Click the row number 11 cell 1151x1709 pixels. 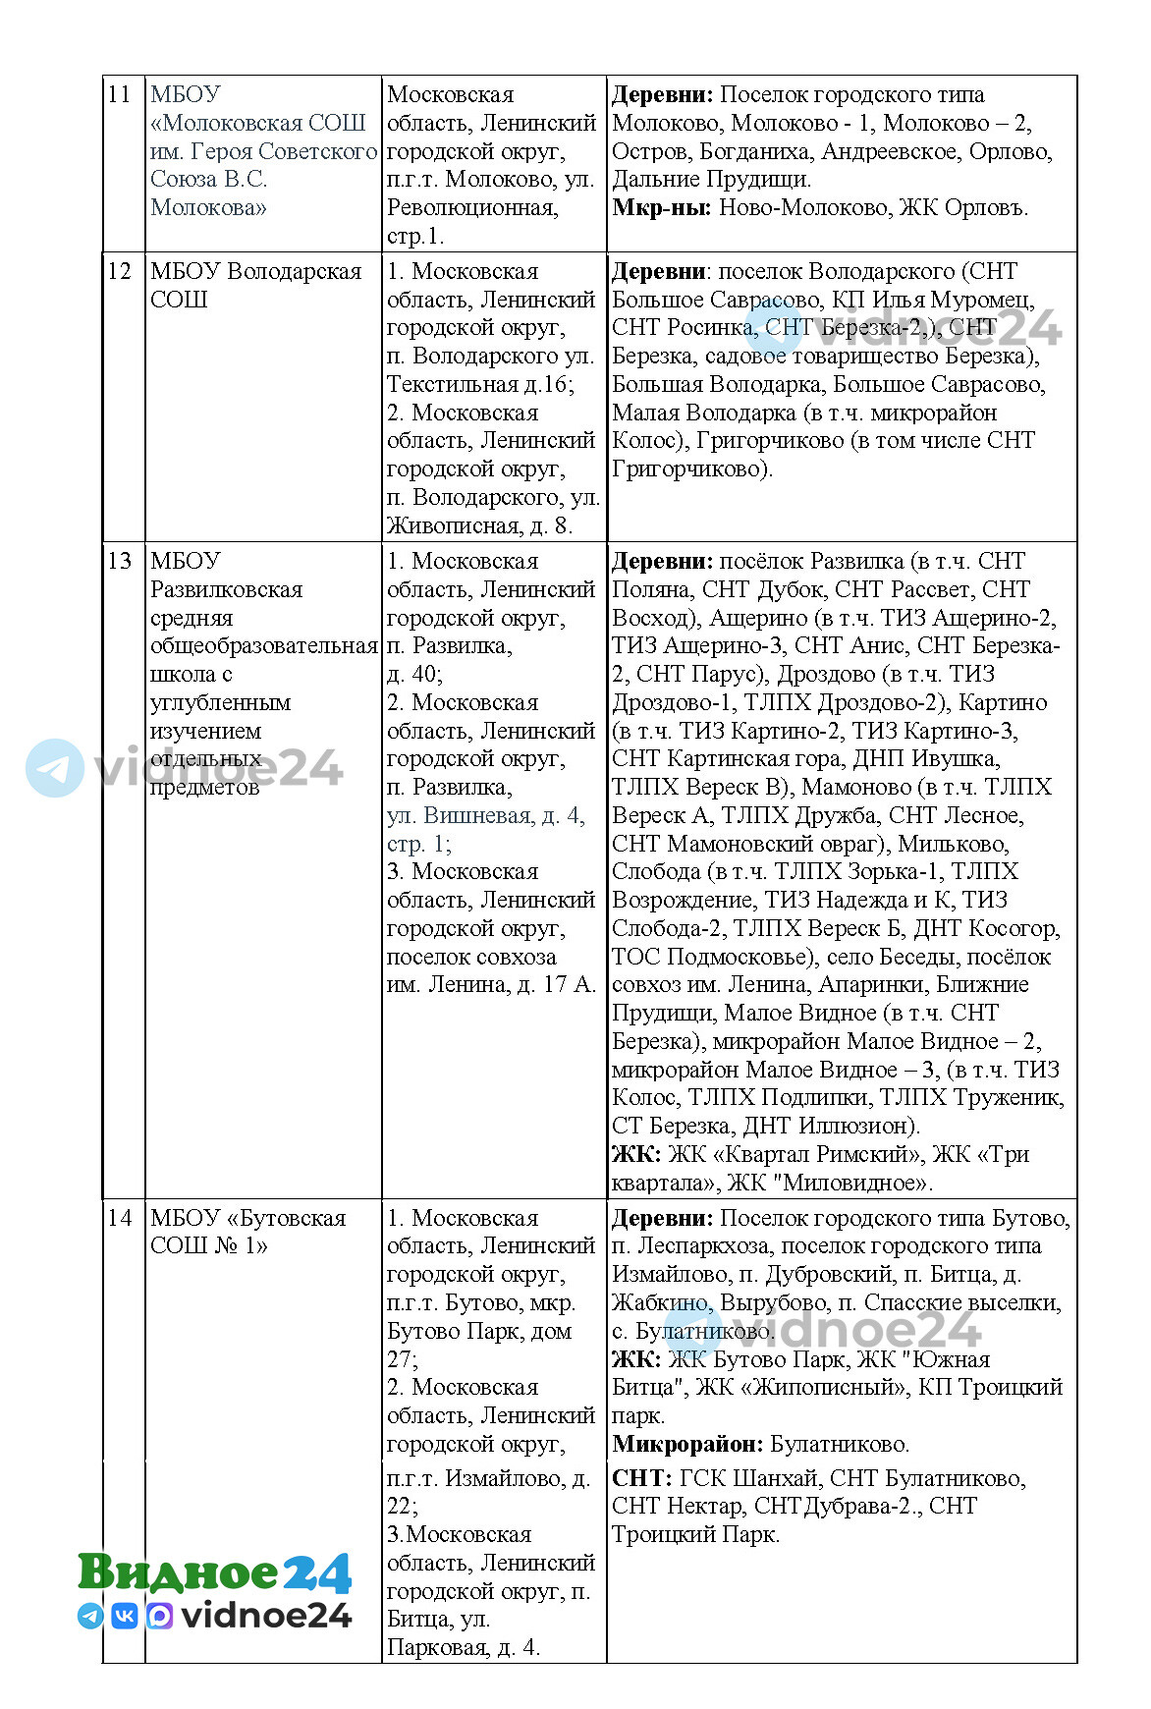tap(119, 95)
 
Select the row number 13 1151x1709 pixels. tap(119, 562)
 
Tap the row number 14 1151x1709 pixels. tap(119, 1219)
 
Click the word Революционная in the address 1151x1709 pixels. tap(471, 208)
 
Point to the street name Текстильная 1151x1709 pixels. tap(452, 384)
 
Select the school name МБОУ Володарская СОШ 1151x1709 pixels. tap(255, 285)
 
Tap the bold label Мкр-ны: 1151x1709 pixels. tap(661, 208)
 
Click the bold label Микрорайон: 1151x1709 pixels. tap(687, 1445)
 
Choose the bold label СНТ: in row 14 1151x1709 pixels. tap(641, 1479)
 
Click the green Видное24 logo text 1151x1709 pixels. tap(214, 1572)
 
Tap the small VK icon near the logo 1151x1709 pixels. tap(125, 1616)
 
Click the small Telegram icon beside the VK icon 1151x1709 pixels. tap(90, 1616)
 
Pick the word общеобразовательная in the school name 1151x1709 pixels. tap(263, 646)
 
